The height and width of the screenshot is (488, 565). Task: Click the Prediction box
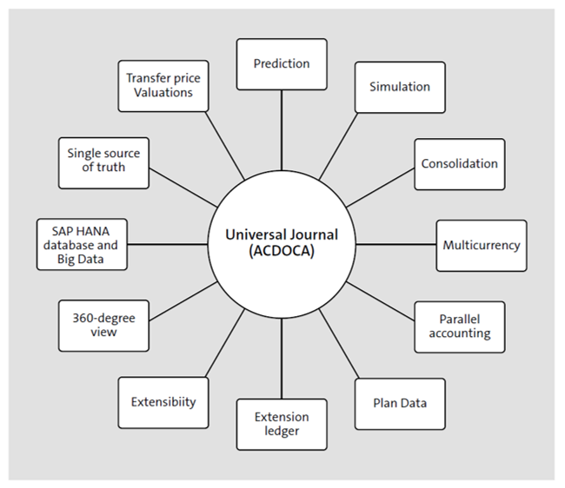point(282,63)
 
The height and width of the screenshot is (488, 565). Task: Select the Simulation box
point(399,87)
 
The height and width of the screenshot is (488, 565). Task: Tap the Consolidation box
point(459,163)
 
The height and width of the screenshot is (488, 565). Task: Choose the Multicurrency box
point(481,245)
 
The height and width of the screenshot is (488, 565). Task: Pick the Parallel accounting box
point(459,326)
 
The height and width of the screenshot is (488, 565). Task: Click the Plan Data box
point(399,403)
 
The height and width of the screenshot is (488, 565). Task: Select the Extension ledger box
point(282,424)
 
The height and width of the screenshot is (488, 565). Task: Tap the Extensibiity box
point(163,403)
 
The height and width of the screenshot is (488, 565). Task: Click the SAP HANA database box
point(83,245)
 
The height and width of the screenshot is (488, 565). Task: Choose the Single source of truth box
point(103,162)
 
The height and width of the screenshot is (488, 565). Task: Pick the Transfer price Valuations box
point(163,85)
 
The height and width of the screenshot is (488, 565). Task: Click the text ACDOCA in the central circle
point(282,253)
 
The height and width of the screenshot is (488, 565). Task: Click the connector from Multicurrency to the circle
point(395,245)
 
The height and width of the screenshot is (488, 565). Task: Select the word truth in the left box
point(111,168)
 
